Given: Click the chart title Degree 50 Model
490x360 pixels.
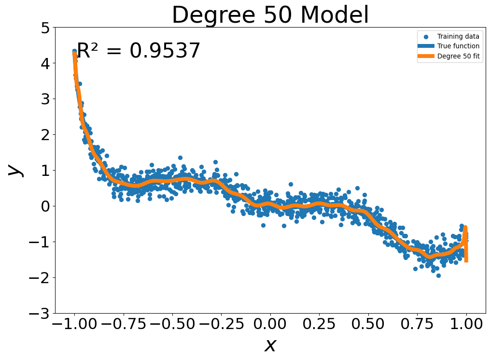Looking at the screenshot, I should click(x=270, y=15).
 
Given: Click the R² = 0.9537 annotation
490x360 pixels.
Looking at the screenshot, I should click(x=139, y=51).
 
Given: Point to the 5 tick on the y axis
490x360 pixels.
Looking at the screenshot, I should click(x=45, y=28).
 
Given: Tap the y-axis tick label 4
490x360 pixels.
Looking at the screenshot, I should click(x=45, y=63).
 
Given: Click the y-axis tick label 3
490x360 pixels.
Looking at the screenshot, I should click(x=45, y=99).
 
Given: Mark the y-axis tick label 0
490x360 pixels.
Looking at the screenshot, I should click(x=45, y=206).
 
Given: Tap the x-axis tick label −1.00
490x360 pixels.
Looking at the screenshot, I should click(x=74, y=324).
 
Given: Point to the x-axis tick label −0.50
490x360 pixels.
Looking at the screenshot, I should click(x=172, y=324).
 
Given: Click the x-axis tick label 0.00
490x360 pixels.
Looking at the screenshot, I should click(x=270, y=324).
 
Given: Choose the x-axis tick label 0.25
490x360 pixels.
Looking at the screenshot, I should click(x=319, y=324).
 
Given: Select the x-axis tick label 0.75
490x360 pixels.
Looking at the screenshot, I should click(x=417, y=324).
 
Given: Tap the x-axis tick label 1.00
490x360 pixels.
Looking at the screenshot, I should click(x=466, y=324).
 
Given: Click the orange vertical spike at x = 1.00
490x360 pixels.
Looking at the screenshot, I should click(x=466, y=249).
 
